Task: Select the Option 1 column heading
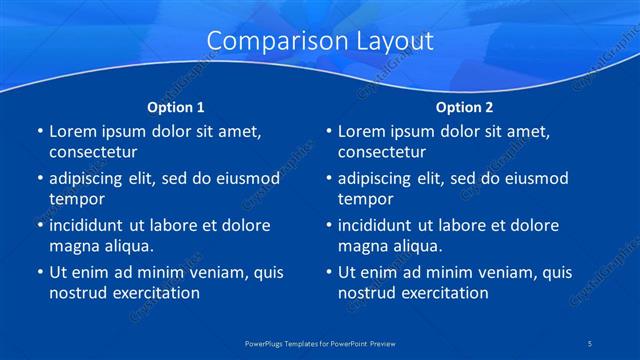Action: pyautogui.click(x=176, y=106)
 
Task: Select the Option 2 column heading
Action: pyautogui.click(x=464, y=106)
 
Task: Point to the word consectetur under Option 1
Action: pyautogui.click(x=93, y=152)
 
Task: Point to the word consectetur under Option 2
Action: pyautogui.click(x=382, y=152)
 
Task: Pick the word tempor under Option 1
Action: pyautogui.click(x=76, y=199)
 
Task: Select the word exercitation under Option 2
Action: pyautogui.click(x=444, y=293)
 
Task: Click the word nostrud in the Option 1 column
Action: pyautogui.click(x=77, y=293)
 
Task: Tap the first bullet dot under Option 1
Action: pyautogui.click(x=38, y=132)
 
